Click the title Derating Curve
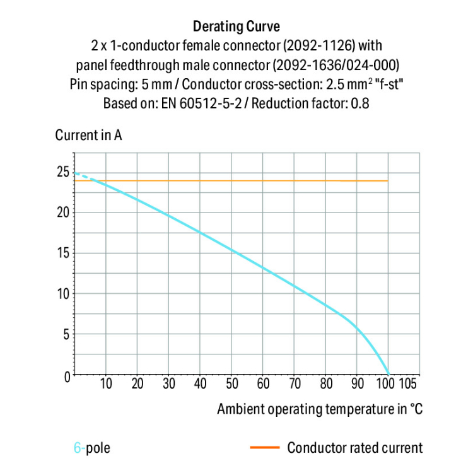pyautogui.click(x=236, y=26)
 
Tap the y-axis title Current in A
pyautogui.click(x=88, y=136)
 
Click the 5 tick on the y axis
pyautogui.click(x=64, y=335)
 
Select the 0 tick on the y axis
pyautogui.click(x=65, y=376)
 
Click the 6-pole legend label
pyautogui.click(x=91, y=448)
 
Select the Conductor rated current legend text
pyautogui.click(x=354, y=448)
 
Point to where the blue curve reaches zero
pyautogui.click(x=387, y=375)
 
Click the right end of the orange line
pyautogui.click(x=387, y=181)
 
